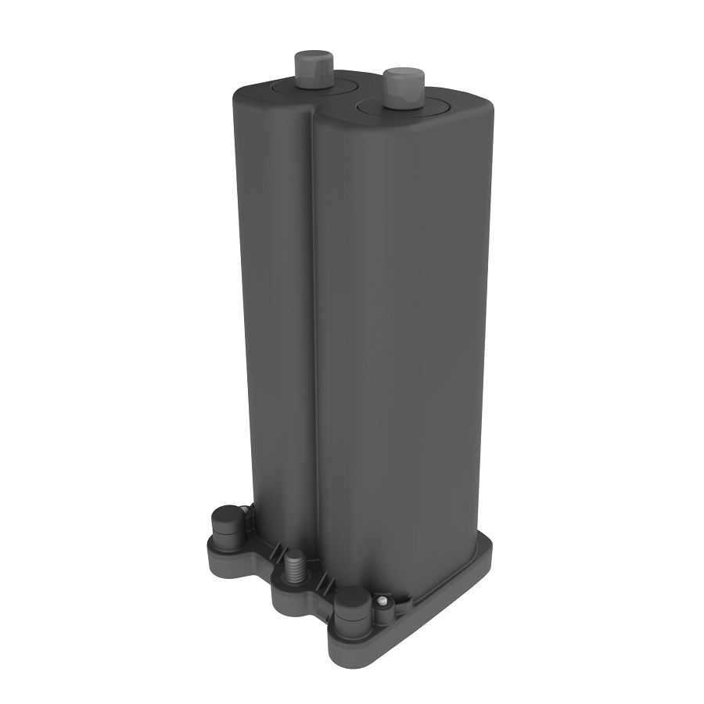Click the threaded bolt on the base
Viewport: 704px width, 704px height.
295,565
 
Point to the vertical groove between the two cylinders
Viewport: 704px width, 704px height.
312,313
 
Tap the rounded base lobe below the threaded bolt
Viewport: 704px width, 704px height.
293,601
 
